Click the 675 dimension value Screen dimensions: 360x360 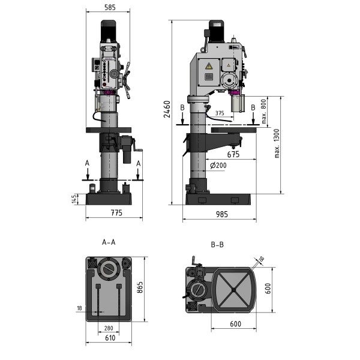click(234, 154)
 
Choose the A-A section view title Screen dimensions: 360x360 click(109, 242)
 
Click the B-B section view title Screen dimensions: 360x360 click(217, 245)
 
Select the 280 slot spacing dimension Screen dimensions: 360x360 click(108, 328)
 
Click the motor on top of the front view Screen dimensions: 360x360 click(109, 30)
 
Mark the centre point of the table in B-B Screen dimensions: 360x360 click(232, 291)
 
